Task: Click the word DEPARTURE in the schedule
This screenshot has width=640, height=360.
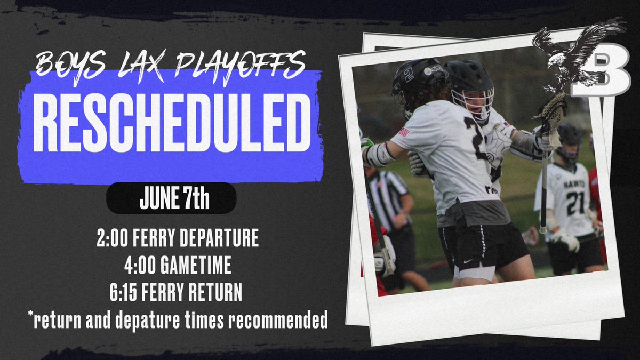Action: (223, 238)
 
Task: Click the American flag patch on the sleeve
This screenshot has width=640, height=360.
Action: (404, 132)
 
